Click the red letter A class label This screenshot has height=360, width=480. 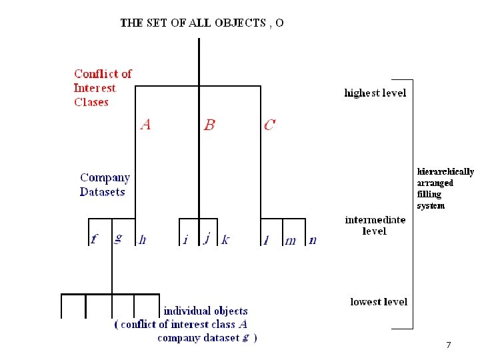[x=145, y=124]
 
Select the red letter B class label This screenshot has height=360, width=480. [x=209, y=125]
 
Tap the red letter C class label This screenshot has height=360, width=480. [x=269, y=125]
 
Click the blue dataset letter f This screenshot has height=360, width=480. [x=94, y=239]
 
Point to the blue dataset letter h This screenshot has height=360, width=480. [x=142, y=239]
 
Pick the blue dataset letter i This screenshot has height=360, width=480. [x=185, y=239]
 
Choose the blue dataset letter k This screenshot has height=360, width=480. [x=225, y=239]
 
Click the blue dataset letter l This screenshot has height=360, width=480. [x=267, y=240]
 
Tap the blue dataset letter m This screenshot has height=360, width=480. [x=290, y=241]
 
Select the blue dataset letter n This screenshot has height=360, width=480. [x=313, y=240]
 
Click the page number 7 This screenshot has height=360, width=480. [x=448, y=345]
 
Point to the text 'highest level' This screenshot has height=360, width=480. [x=375, y=93]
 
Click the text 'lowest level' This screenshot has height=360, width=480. [x=379, y=302]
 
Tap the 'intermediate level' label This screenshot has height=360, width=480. [x=375, y=225]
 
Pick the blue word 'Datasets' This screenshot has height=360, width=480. [x=103, y=192]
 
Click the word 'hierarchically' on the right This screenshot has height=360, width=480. [x=445, y=172]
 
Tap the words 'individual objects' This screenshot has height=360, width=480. [x=205, y=311]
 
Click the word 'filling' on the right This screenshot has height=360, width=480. [x=429, y=194]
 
